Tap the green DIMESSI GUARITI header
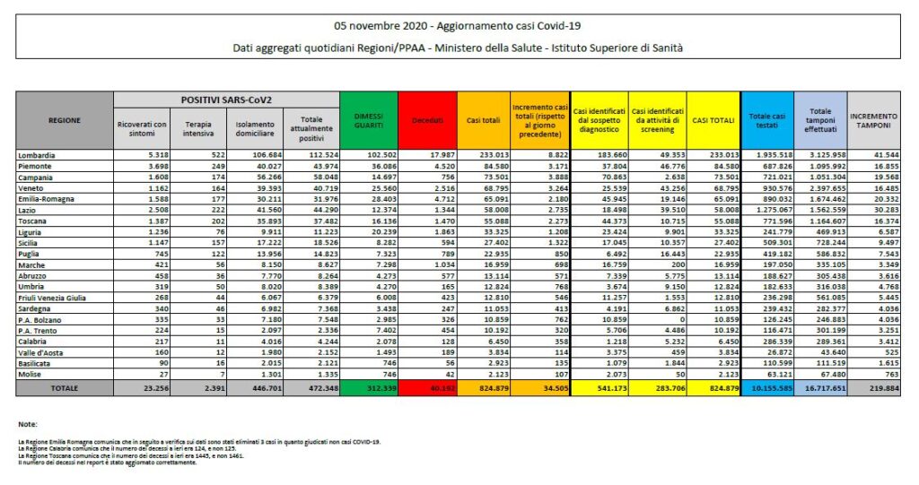369,119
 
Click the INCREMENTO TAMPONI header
874,119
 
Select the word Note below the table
27,423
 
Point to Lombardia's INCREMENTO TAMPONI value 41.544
884,155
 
